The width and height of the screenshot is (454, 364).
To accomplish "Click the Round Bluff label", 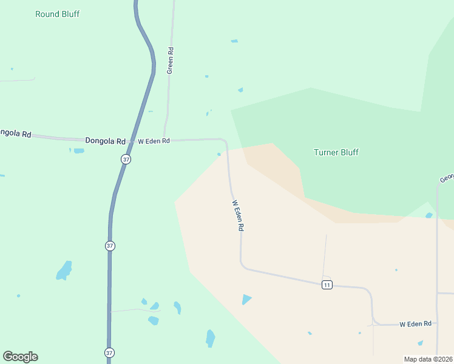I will point(57,14).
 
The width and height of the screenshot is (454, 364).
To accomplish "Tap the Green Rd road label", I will point(171,60).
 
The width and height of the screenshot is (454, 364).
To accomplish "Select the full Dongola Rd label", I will point(105,141).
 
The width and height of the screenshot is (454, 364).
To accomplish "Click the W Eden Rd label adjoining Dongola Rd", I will point(154,141).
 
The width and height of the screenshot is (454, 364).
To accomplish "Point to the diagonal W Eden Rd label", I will point(237,216).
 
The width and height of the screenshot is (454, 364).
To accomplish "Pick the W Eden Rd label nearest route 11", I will point(415,324).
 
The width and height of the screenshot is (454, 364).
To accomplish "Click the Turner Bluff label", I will point(336,152).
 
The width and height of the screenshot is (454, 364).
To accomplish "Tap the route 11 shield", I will point(327,285).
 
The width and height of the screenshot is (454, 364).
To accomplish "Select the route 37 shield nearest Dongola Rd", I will point(126,159).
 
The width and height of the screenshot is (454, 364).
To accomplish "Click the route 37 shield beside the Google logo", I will point(109,352).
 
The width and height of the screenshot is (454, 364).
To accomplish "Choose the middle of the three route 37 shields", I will point(110,246).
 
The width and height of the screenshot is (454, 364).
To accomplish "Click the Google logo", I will point(20,356).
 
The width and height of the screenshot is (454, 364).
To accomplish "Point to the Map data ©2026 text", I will point(429,359).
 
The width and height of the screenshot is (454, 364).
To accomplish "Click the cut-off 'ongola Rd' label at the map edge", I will point(15,133).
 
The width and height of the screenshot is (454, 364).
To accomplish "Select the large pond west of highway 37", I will point(64,271).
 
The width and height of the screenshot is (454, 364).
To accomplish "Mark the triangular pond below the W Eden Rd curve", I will point(246,299).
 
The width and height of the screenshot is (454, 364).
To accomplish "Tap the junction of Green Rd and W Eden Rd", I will point(164,140).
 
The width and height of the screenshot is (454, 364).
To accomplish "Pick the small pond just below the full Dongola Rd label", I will point(79,150).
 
